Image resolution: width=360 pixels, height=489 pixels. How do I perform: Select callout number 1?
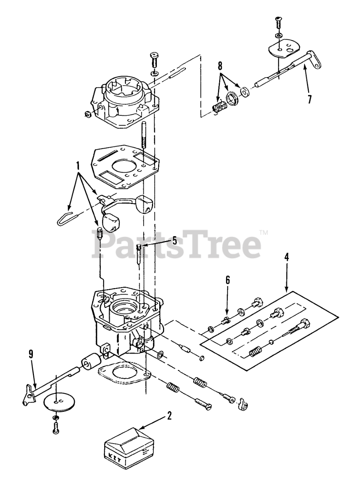(78, 165)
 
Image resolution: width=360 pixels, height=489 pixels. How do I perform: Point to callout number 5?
(174, 240)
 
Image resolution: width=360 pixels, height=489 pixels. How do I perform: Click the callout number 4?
(286, 256)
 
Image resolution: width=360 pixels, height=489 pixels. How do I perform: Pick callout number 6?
(228, 280)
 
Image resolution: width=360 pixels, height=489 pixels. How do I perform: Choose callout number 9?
(31, 354)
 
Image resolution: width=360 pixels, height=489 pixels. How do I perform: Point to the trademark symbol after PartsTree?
(263, 232)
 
